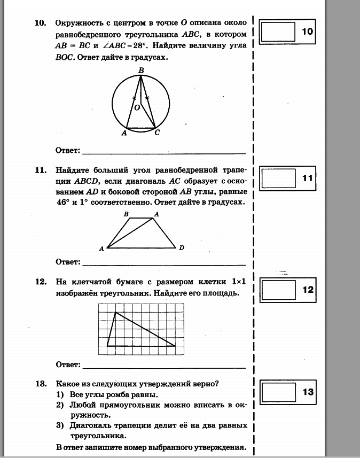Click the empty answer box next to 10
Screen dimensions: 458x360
click(278, 32)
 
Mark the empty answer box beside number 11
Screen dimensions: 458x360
click(278, 178)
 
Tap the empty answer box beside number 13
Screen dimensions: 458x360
click(278, 392)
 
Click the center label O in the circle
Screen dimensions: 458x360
click(137, 107)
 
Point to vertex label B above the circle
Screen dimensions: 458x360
click(141, 70)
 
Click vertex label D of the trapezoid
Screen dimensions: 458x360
click(182, 248)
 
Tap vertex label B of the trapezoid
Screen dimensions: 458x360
click(127, 214)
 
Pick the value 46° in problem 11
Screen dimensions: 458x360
click(63, 203)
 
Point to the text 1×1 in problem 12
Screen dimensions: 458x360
click(238, 282)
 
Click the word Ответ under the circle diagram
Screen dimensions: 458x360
click(68, 150)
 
